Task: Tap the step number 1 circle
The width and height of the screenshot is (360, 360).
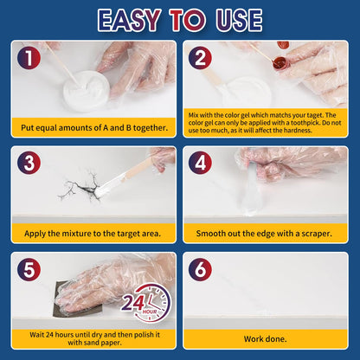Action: pos(29,58)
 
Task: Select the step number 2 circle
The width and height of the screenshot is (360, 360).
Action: pos(202,58)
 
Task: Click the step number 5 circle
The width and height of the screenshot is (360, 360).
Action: pos(29,270)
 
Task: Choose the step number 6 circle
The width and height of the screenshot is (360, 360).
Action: pos(202,270)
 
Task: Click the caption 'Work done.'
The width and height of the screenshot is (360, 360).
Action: pos(266,338)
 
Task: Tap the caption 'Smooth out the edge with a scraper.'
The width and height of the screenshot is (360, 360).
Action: pos(266,234)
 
